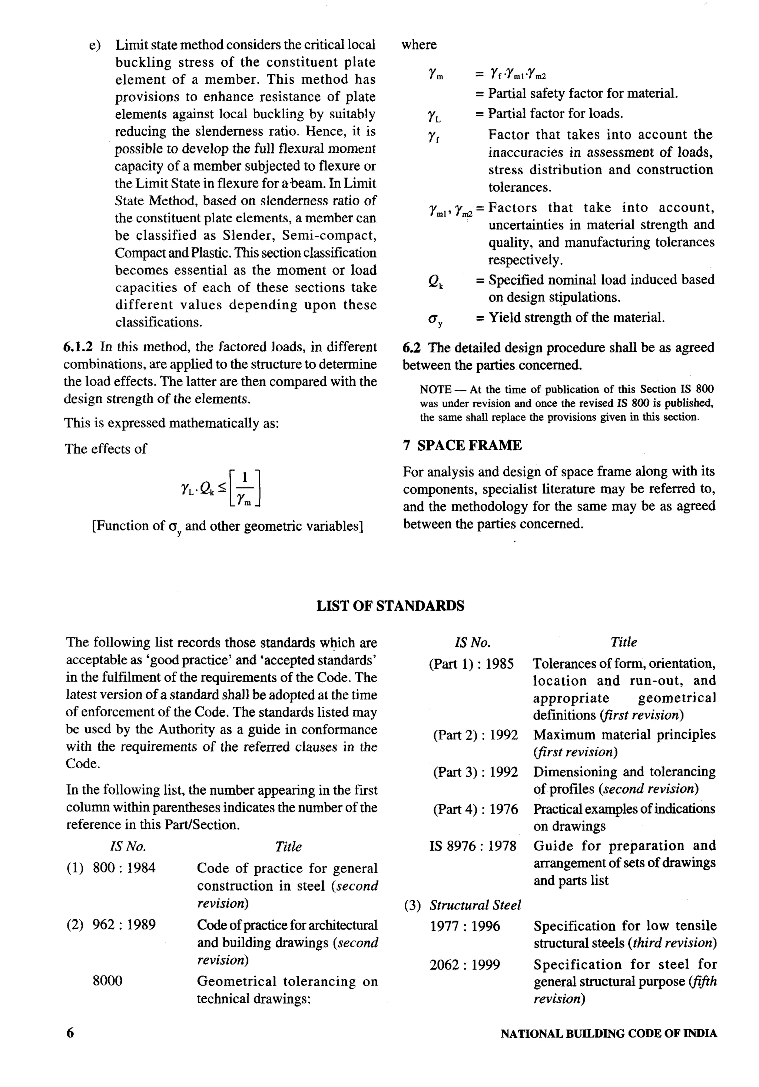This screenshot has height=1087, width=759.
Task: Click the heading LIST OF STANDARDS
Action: (390, 606)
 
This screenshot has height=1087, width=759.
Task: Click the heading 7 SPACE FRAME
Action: (462, 445)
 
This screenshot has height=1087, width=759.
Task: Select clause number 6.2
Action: (411, 348)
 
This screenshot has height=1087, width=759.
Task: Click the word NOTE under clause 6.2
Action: (435, 390)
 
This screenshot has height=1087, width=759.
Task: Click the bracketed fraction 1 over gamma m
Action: (245, 488)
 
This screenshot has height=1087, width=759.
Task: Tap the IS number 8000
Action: (107, 981)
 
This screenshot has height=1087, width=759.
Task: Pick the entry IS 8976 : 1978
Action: (473, 846)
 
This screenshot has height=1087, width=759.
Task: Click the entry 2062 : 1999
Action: (464, 965)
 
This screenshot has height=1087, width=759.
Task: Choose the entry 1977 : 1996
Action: (464, 926)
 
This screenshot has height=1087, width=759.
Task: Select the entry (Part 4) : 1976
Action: (475, 809)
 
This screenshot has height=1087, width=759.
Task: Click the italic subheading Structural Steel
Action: (475, 905)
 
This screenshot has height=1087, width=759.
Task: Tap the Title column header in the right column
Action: (624, 642)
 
